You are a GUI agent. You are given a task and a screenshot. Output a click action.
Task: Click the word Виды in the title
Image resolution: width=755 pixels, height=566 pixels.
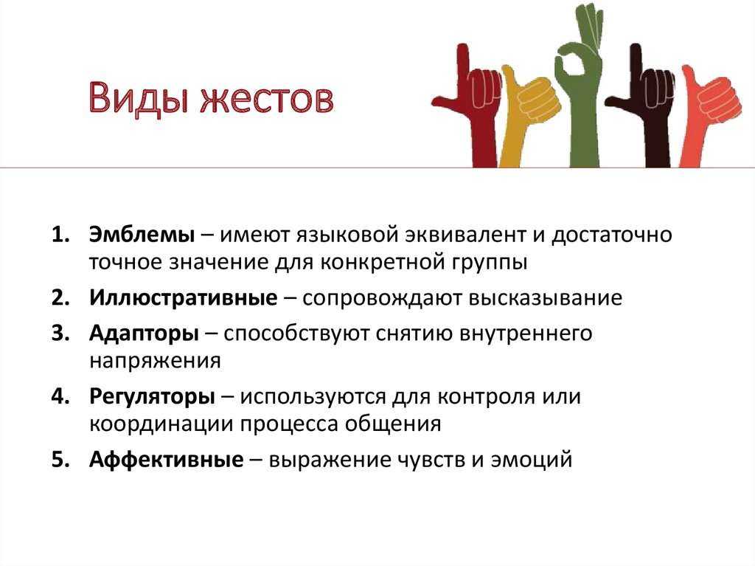[137, 98]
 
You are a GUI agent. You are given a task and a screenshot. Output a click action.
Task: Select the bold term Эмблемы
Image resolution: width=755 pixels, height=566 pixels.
[142, 235]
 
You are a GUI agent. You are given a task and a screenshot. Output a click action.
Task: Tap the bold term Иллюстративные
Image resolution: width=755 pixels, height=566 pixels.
[184, 298]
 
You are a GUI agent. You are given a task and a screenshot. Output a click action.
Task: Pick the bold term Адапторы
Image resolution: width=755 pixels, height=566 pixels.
[144, 334]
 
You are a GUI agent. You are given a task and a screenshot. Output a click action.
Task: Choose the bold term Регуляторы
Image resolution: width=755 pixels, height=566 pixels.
[152, 397]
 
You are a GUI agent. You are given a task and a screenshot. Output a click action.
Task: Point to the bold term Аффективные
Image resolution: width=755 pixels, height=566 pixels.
[166, 459]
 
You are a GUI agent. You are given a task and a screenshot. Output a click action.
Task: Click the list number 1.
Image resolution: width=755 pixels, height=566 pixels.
[60, 235]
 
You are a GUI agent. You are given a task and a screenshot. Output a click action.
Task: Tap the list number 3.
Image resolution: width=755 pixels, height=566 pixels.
[60, 334]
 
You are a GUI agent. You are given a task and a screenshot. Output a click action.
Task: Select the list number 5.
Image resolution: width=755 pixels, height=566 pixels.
[60, 460]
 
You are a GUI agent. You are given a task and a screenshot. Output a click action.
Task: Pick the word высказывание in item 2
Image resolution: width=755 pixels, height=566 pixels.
[545, 298]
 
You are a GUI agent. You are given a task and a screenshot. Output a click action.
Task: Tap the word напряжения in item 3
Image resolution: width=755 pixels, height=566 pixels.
[155, 361]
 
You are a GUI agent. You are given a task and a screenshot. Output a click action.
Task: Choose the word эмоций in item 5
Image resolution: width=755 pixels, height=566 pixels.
[531, 460]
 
